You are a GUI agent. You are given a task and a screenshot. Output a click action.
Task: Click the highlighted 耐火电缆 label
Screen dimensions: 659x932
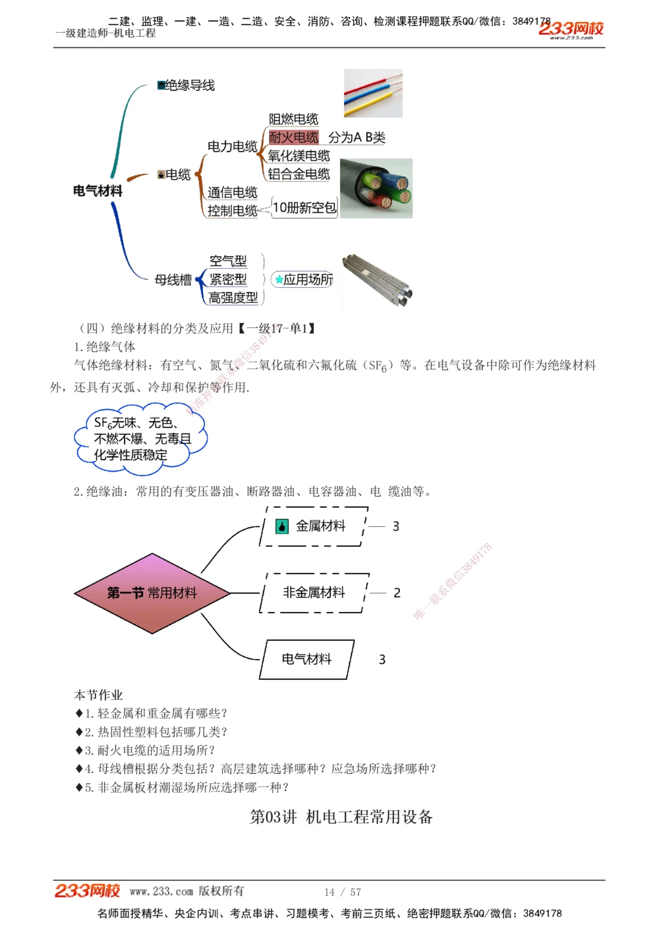(294, 138)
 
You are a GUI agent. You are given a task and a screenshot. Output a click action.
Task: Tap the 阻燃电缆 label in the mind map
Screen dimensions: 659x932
(294, 119)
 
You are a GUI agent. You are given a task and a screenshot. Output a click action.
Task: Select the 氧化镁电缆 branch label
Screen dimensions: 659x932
(299, 156)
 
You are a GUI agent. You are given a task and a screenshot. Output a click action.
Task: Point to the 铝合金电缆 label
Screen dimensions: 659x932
(299, 175)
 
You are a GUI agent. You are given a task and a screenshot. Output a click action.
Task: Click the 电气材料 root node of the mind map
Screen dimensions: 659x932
(98, 191)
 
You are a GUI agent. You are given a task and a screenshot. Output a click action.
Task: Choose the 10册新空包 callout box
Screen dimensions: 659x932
(304, 208)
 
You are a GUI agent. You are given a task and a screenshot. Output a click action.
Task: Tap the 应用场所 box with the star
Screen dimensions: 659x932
(304, 280)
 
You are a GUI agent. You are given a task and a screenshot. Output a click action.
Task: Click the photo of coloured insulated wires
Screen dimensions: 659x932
(373, 94)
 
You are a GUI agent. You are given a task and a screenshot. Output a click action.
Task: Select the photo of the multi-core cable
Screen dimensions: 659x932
(376, 188)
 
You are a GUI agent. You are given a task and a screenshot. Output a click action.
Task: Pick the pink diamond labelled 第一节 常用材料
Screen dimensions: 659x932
(152, 593)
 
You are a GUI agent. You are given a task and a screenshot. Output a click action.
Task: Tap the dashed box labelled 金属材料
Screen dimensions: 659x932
(314, 526)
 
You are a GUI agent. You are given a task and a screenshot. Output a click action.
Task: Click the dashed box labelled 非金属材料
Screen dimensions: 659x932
(314, 593)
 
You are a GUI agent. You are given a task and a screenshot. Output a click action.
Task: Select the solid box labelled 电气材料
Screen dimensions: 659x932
(306, 659)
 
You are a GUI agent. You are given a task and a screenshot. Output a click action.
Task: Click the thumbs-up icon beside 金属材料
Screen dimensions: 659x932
(282, 526)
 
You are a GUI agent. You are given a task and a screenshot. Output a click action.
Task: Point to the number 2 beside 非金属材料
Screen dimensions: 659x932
(397, 593)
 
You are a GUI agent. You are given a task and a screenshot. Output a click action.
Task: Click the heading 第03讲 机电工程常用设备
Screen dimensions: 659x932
(341, 817)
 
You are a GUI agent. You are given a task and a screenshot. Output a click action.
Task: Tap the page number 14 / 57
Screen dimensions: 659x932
(343, 892)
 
